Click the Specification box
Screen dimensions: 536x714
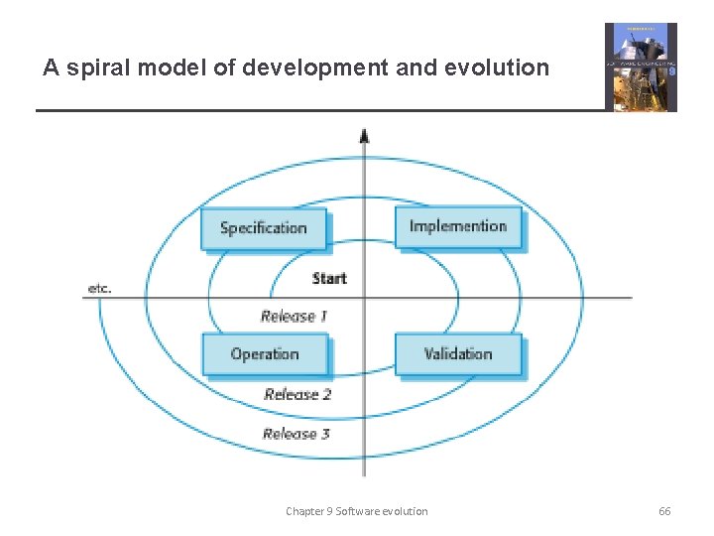tap(263, 228)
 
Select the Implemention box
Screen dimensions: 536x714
tap(457, 226)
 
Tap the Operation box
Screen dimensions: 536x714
tap(264, 354)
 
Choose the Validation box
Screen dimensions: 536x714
tap(457, 353)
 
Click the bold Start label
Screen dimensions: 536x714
tap(329, 278)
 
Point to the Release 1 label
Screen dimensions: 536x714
tap(295, 317)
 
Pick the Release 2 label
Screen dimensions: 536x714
tap(297, 394)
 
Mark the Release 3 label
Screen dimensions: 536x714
tap(297, 434)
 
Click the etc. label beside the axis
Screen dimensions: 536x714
tap(99, 289)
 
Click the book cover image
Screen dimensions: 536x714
tap(641, 67)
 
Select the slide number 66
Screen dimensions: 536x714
tap(664, 511)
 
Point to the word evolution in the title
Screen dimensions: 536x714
tap(498, 67)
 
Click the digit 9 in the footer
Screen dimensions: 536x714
tap(330, 511)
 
